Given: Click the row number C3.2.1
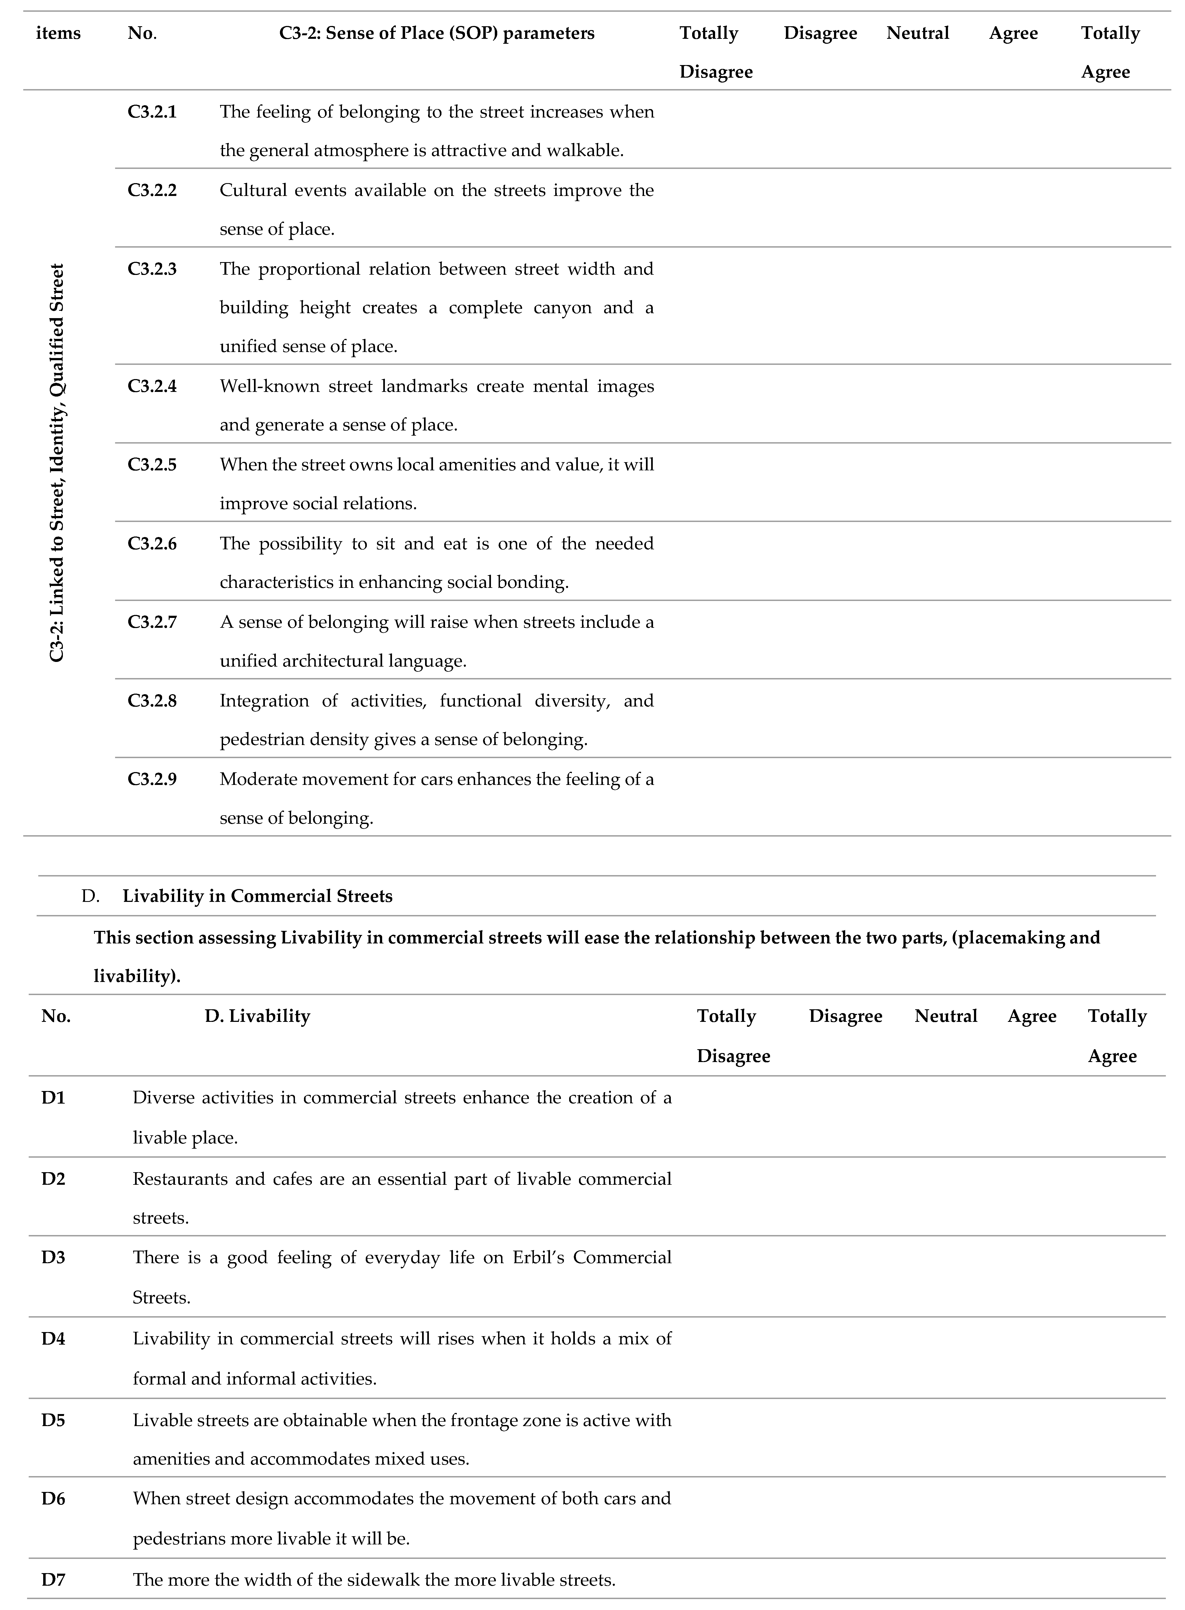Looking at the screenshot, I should (x=152, y=112).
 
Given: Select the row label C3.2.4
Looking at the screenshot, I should (x=152, y=386).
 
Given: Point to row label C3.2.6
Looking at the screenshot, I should (x=152, y=544).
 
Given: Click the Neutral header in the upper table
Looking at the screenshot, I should (x=917, y=33).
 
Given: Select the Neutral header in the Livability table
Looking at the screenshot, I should (x=946, y=1016).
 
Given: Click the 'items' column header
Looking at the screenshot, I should (x=58, y=33).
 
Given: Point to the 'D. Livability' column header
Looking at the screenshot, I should (x=258, y=1016).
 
